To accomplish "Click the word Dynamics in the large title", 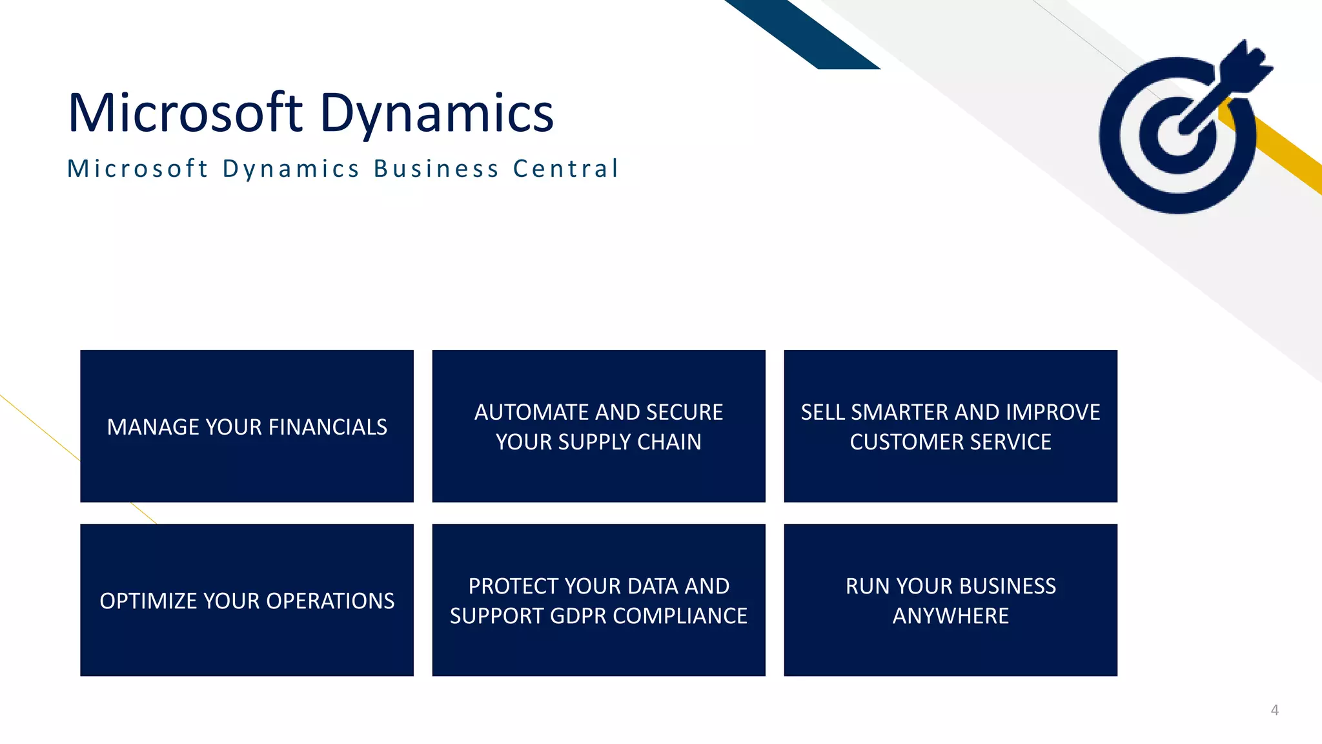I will point(436,114).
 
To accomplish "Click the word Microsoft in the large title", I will point(185,113).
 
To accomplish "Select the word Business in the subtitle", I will point(436,169).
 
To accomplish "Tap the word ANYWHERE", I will point(950,616).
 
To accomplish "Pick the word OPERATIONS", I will point(330,601).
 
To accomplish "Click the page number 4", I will point(1274,710).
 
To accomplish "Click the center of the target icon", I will point(1177,136).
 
